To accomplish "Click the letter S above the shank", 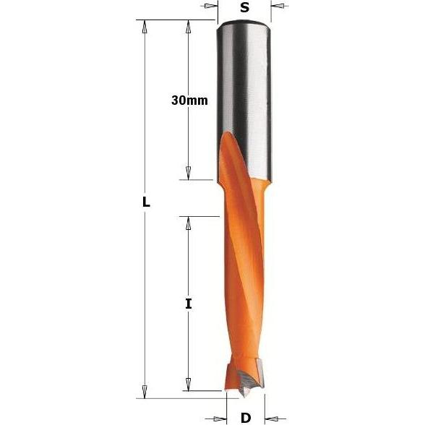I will (244, 8).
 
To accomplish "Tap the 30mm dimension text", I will (189, 100).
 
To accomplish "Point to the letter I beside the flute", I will (189, 304).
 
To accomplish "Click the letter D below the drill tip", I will (245, 417).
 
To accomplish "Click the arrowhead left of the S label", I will (210, 7).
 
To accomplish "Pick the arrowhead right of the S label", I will (278, 7).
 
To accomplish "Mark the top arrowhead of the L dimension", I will (145, 27).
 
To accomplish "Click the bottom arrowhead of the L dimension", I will (145, 390).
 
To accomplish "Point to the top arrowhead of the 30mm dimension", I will (189, 27).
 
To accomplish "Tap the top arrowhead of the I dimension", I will (189, 223).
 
